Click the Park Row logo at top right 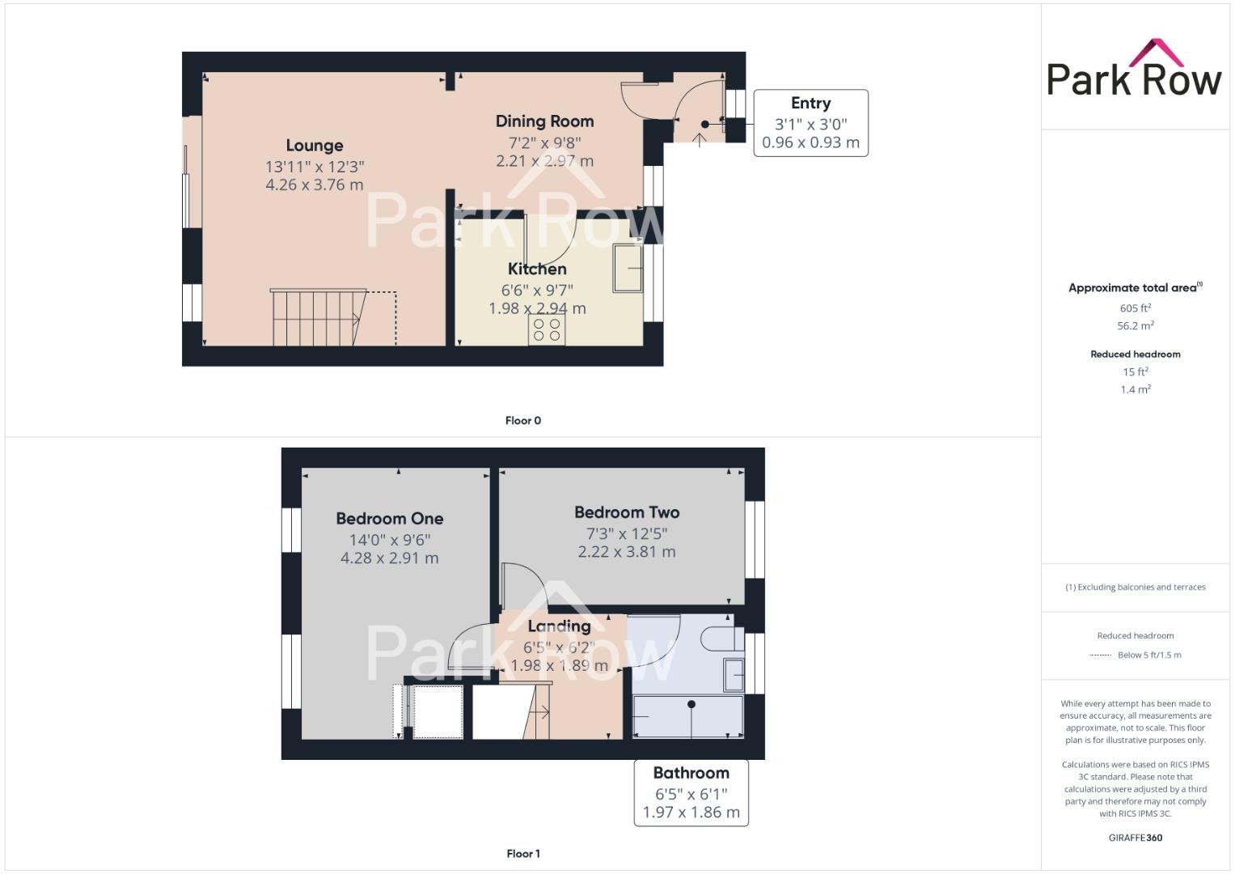coord(1134,70)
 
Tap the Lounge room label coord(315,146)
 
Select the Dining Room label coord(544,121)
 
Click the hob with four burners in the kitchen coord(547,329)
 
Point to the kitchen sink coord(627,268)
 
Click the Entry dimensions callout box coord(810,123)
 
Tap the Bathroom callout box coord(691,792)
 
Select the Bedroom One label coord(389,519)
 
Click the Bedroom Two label coord(627,512)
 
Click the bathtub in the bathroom coord(687,717)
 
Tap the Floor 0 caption coord(523,421)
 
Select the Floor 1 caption coord(523,854)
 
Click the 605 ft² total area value coord(1135,308)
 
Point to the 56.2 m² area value coord(1135,326)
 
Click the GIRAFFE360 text coord(1135,838)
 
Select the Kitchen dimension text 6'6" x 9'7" coord(537,290)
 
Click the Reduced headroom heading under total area coord(1135,354)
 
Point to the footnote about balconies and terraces coord(1135,588)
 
